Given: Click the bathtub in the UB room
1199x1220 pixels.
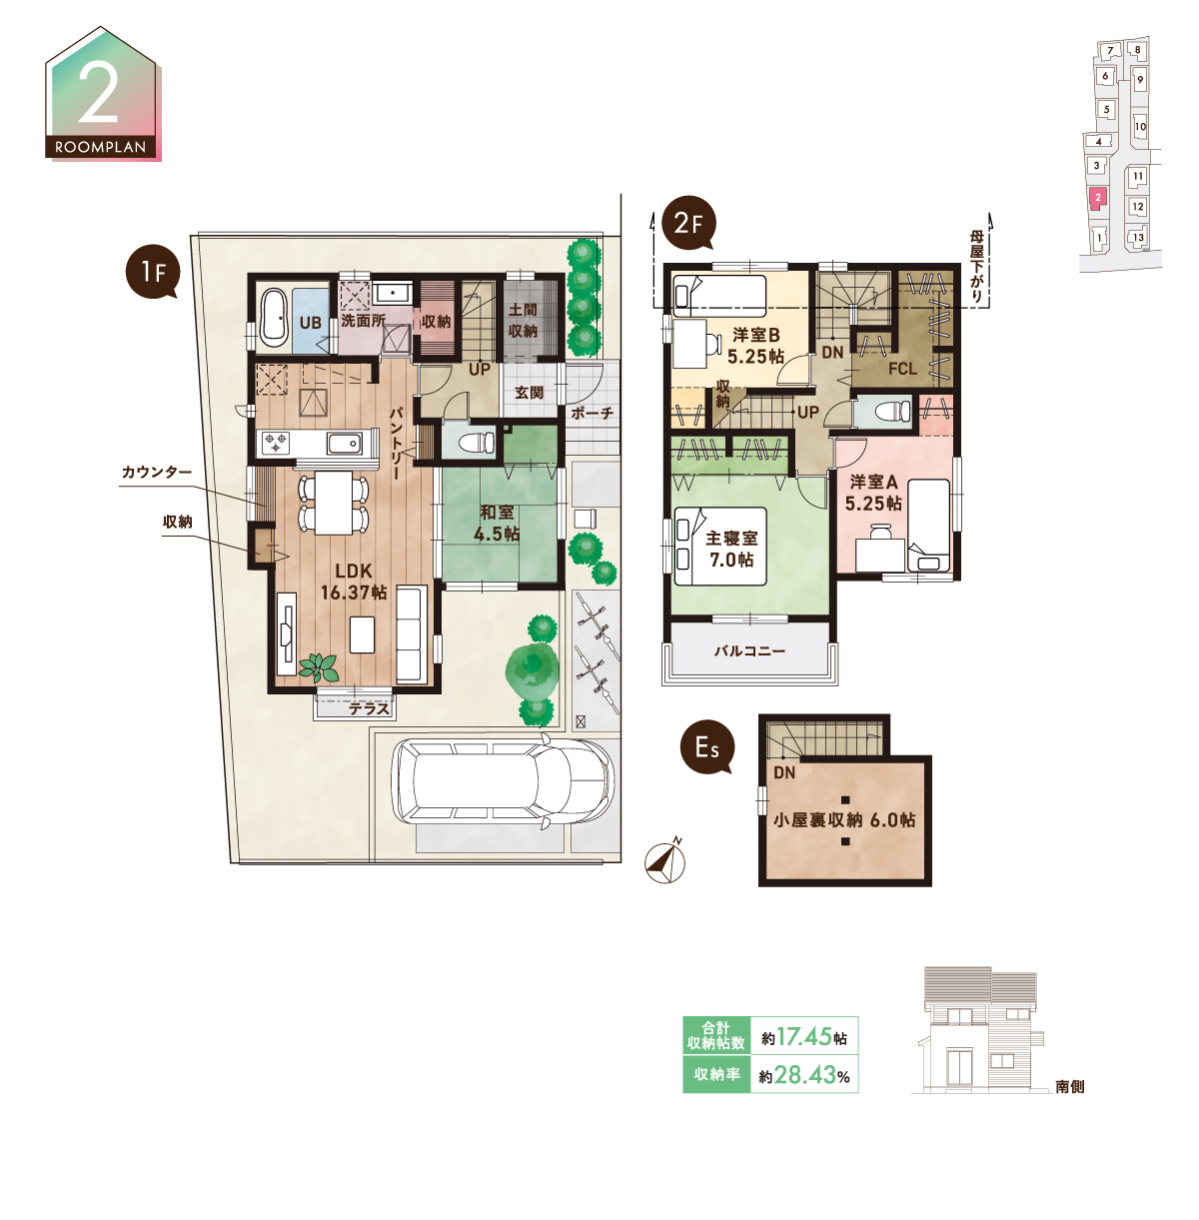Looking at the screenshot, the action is [274, 316].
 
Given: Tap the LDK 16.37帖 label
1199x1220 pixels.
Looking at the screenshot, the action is [354, 582].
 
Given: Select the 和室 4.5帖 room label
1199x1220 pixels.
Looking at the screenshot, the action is [497, 523].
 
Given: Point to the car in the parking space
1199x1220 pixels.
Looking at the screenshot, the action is [503, 781].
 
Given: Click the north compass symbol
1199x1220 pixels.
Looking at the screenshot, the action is [665, 861].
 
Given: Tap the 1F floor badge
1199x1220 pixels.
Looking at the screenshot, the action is [153, 272].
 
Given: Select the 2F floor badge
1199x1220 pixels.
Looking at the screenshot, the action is [688, 223].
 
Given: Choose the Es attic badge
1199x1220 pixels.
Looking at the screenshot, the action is [707, 747].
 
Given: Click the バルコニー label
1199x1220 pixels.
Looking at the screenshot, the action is [750, 650].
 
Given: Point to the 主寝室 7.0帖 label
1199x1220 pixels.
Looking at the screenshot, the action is [731, 549].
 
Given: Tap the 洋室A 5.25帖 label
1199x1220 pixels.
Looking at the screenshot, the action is [873, 493].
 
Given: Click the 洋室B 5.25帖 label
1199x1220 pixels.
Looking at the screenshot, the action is [755, 345].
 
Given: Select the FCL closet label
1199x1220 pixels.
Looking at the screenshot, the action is [902, 369].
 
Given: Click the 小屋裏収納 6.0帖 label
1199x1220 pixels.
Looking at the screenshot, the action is [844, 820].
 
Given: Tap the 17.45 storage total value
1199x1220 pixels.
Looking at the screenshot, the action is [803, 1037].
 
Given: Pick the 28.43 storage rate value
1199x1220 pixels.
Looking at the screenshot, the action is [805, 1075].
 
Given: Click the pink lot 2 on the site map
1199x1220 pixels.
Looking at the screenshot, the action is [1097, 199].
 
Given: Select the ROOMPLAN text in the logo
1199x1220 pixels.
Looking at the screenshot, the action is [100, 148].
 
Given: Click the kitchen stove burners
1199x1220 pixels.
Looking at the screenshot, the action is [276, 442].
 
